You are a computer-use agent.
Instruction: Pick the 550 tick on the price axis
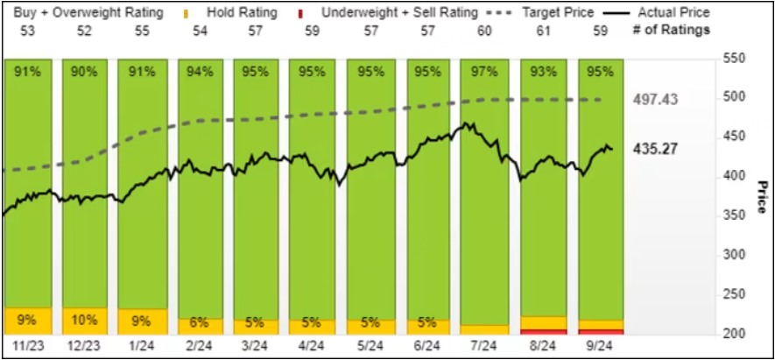[x=734, y=58]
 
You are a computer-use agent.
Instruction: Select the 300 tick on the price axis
[x=734, y=255]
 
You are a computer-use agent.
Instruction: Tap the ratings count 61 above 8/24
[x=544, y=29]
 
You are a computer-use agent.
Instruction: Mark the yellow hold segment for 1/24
[x=142, y=321]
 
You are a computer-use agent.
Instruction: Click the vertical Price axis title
[x=762, y=197]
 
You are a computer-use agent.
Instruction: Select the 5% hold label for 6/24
[x=429, y=321]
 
